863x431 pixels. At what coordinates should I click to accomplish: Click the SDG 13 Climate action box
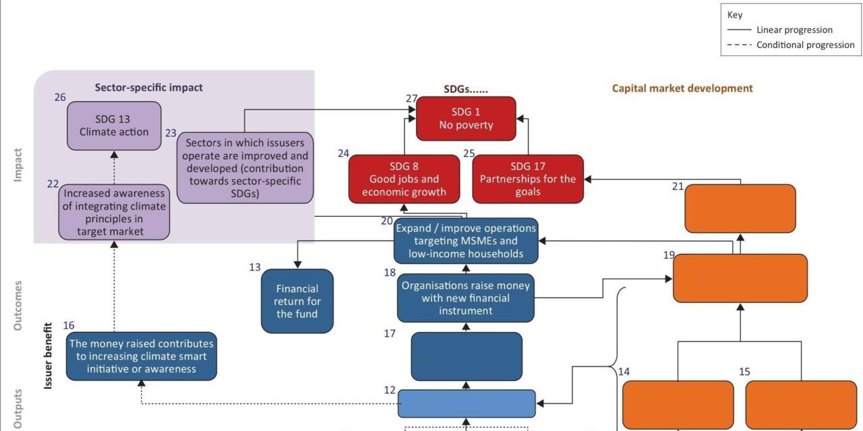pos(114,125)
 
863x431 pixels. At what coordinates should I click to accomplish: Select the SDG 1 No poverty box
pos(466,119)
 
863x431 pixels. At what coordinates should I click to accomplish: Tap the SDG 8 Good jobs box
pos(405,179)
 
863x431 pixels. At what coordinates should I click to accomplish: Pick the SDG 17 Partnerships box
pos(528,179)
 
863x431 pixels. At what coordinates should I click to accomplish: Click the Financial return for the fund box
pos(297,301)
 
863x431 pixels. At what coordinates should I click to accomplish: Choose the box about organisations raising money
pos(466,298)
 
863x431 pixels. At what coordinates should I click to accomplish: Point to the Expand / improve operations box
pos(466,241)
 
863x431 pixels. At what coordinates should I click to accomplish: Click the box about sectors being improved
pos(245,168)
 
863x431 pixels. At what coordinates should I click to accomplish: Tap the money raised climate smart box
pos(142,356)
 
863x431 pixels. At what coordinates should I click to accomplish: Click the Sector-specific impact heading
pos(148,88)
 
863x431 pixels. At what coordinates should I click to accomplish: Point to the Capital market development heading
pos(682,88)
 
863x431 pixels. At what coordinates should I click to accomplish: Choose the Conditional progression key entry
pos(804,45)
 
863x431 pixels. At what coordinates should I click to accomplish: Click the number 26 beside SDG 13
pos(60,98)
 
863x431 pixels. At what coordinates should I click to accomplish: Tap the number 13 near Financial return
pos(254,267)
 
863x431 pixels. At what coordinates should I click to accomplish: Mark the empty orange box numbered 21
pos(740,209)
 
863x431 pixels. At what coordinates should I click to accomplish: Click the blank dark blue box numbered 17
pos(467,356)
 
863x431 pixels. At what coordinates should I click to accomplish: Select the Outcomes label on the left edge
pos(18,305)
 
